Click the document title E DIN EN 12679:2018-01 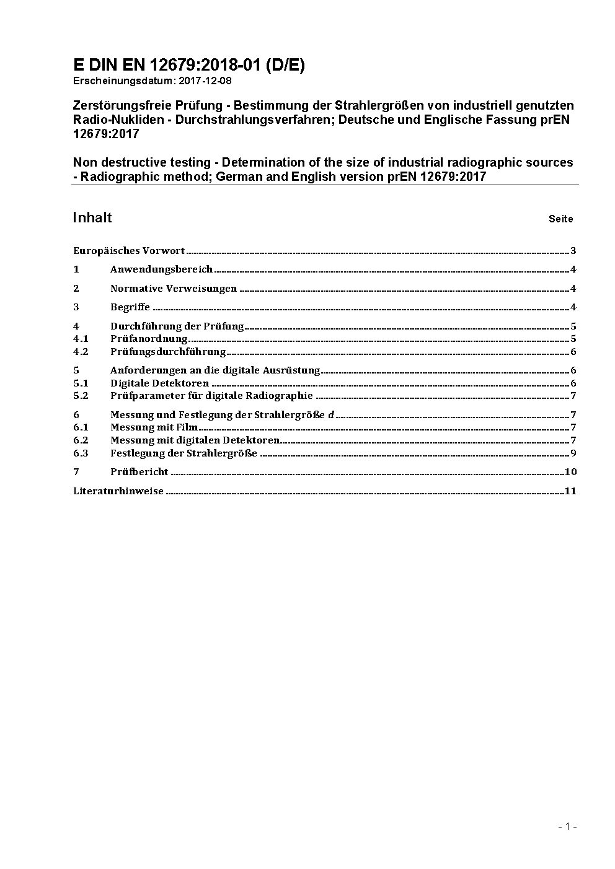tap(188, 65)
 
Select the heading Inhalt tap(92, 217)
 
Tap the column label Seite tap(560, 219)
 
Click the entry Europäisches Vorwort tap(129, 251)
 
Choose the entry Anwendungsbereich tap(161, 269)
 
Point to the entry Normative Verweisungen tap(174, 289)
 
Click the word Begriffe tap(130, 307)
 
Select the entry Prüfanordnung tap(149, 339)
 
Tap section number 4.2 tap(81, 352)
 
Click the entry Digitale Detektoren tap(159, 383)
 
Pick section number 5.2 tap(81, 396)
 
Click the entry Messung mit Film tap(154, 427)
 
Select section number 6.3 tap(81, 453)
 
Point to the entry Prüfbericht tap(139, 472)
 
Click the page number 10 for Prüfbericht tap(570, 472)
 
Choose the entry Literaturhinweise tap(118, 491)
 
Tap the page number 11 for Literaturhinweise tap(570, 491)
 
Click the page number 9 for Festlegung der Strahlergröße tap(573, 453)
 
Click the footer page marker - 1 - tap(567, 826)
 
